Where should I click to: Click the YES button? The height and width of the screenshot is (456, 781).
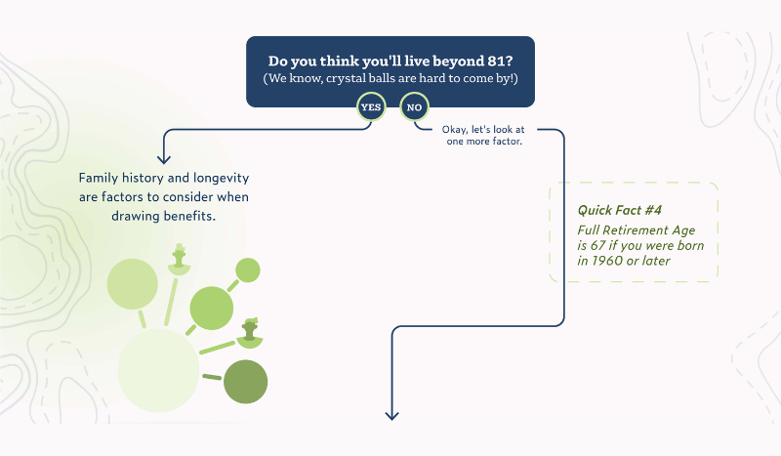coord(371,106)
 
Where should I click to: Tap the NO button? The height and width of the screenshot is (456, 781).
coord(414,106)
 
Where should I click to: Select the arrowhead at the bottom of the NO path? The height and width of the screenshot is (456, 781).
coord(392,415)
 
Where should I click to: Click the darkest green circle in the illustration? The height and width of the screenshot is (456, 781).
coord(245,382)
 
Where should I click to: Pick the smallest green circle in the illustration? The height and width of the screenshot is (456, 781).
coord(248,269)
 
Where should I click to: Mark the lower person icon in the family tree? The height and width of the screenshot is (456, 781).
coord(249,332)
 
